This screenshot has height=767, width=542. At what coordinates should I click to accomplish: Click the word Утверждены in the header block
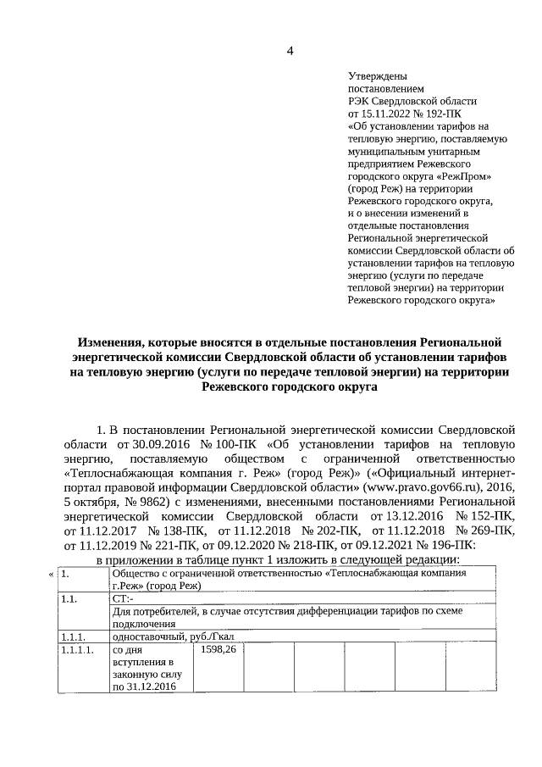[376, 75]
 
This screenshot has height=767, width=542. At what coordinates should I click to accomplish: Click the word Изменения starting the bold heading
[110, 342]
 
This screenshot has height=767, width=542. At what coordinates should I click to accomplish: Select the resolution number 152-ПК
[489, 517]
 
